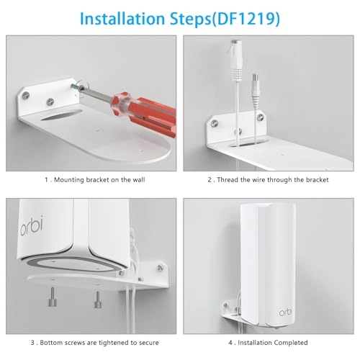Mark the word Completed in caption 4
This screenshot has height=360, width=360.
(x=288, y=342)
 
